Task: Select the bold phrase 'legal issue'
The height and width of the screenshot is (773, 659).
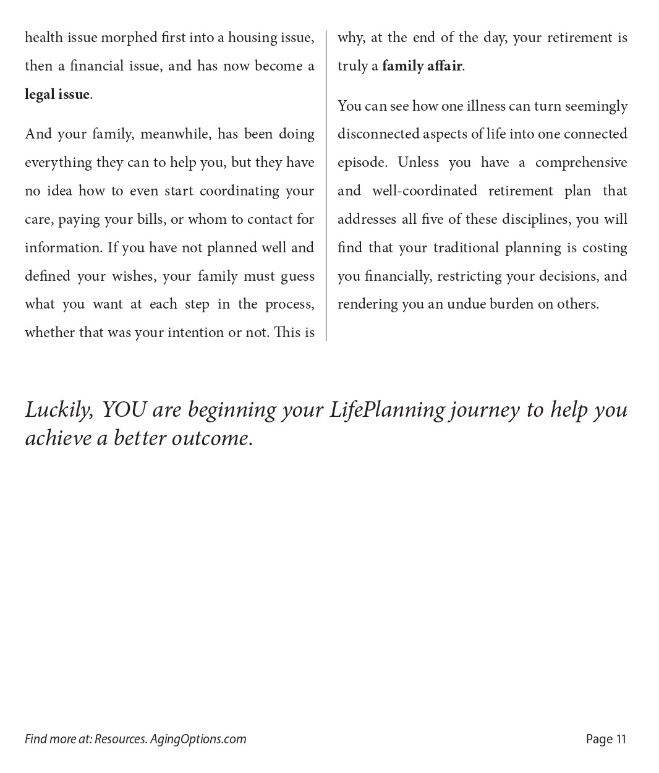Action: [57, 95]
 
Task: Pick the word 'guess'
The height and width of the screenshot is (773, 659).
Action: [297, 276]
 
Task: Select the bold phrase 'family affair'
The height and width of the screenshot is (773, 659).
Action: [422, 66]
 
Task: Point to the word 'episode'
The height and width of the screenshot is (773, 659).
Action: [362, 163]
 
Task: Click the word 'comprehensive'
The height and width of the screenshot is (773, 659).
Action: [580, 163]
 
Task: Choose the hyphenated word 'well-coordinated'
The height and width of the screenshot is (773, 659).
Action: [424, 191]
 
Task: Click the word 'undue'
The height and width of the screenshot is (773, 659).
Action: [466, 304]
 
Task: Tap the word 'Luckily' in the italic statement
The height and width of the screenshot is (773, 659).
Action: [59, 410]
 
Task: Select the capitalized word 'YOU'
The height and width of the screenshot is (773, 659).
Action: [124, 409]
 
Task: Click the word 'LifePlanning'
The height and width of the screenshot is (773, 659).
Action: [386, 410]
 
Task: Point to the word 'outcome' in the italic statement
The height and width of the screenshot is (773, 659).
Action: [211, 438]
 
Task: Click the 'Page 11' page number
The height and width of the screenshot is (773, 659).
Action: [606, 739]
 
